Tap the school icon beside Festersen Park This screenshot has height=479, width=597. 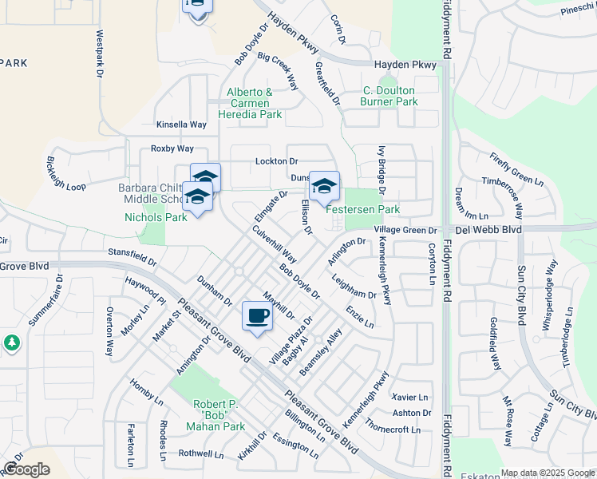click(x=324, y=187)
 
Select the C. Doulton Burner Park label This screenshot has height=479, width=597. click(x=389, y=96)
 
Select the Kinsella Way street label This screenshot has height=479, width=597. click(x=181, y=125)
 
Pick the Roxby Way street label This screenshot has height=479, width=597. click(x=172, y=148)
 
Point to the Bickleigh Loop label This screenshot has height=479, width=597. click(x=65, y=173)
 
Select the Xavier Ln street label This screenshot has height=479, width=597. click(x=410, y=397)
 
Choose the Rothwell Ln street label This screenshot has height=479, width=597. click(x=200, y=453)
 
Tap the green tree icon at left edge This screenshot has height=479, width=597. click(x=11, y=342)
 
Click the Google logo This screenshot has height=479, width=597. click(x=26, y=469)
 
